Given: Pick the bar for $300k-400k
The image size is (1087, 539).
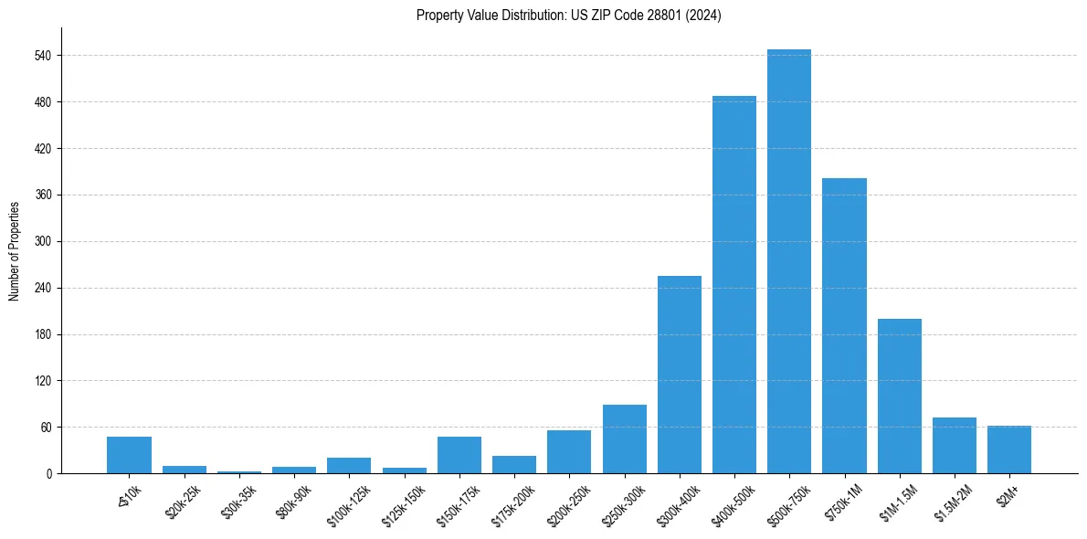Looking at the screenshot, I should [x=679, y=375].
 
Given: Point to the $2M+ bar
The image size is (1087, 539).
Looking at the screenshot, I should [x=1009, y=449].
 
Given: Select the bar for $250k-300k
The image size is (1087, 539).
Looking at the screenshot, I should [x=624, y=439].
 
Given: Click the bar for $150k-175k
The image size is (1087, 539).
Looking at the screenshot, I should [x=459, y=455].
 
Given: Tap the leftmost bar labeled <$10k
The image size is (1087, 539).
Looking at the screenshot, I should [x=129, y=455].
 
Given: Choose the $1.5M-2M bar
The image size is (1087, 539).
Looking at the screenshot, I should [x=955, y=445].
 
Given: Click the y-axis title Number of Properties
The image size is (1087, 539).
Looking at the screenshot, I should [x=14, y=250].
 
